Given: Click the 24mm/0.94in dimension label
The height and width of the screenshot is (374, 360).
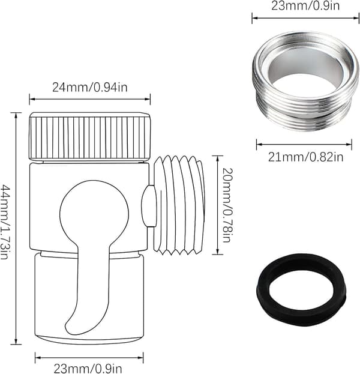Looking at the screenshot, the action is pos(90,87).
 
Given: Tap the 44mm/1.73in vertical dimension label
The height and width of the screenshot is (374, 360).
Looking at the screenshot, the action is pos(5,222).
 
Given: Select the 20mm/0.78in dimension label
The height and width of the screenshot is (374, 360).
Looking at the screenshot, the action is pos(227,205).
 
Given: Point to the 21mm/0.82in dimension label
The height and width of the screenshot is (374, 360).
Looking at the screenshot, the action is pos(305,157).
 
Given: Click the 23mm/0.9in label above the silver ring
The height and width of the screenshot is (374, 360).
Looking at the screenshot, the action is pos(305,5).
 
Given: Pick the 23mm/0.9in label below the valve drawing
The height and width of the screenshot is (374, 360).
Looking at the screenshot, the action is pos(88,368).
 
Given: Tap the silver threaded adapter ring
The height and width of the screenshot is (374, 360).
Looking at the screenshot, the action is pos(305,81).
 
